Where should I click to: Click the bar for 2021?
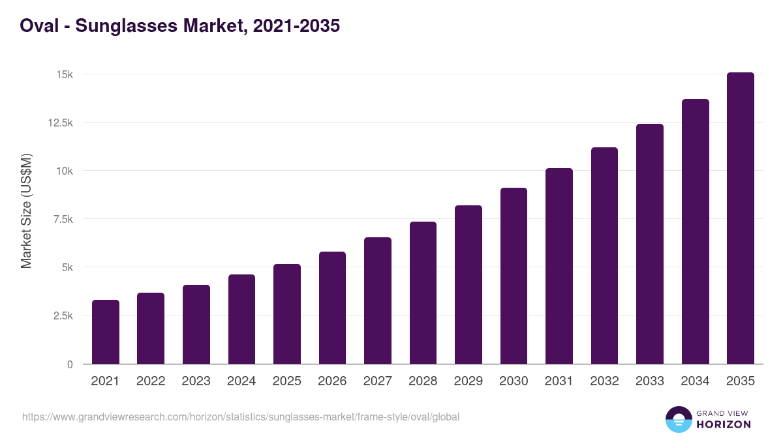pos(106,332)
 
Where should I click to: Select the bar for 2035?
pos(741,218)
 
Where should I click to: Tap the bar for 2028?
pos(423,293)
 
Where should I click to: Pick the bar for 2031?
pos(559,266)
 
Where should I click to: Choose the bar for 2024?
pos(241,319)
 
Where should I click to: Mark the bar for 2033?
pos(650,244)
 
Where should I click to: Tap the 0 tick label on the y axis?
pos(69,364)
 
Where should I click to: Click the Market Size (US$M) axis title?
pos(26,211)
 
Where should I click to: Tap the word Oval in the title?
pos(37,26)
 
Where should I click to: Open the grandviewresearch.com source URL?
pos(241,417)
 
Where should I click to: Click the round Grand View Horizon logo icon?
pos(678,419)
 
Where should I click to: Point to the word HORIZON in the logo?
pos(724,424)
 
